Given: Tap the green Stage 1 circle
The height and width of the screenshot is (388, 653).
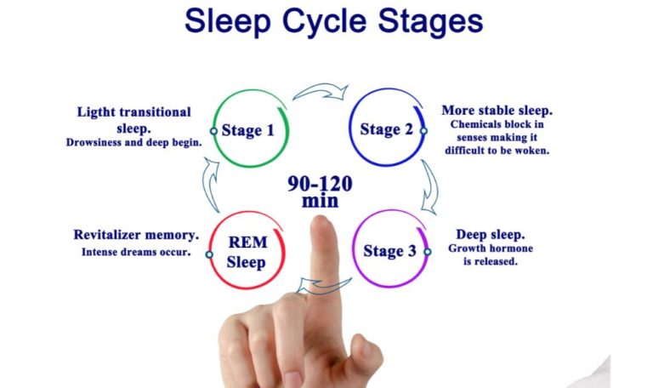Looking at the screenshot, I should point(248,130).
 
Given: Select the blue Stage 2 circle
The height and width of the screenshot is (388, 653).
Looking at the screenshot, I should point(387,129).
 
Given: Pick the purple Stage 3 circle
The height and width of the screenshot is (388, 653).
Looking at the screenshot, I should point(388,250).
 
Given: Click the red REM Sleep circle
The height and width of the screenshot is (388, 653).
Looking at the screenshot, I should point(246,251).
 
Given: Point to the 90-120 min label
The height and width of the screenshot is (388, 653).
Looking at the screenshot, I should point(320,192).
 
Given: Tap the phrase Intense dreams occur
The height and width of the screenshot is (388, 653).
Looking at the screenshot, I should point(136,252).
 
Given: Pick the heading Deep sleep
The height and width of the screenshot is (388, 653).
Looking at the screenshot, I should point(491,234).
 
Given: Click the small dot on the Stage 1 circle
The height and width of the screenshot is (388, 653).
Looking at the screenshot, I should point(213,131).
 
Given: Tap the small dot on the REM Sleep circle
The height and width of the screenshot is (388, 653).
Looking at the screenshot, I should point(209,254).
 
